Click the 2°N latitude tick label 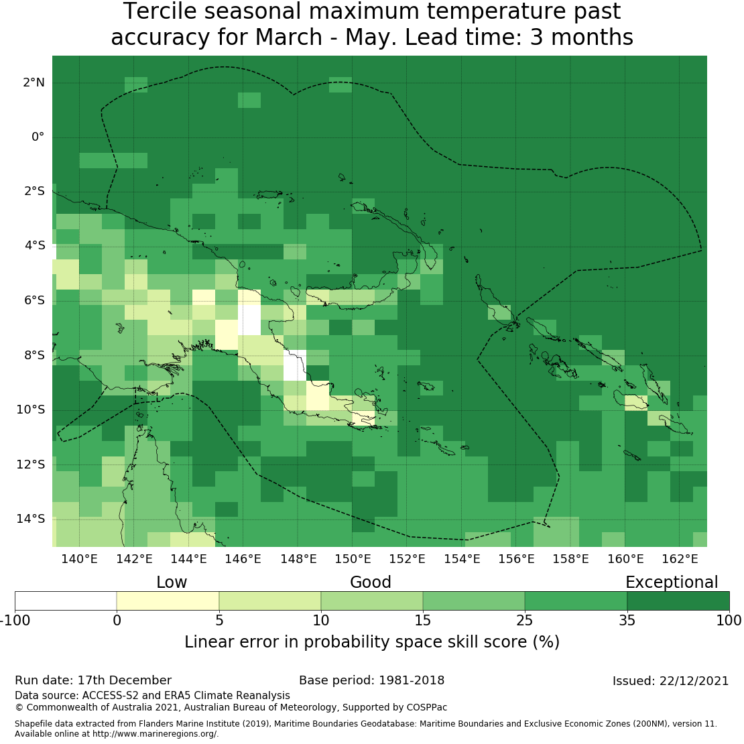34,83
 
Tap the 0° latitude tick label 38,137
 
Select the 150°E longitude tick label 353,559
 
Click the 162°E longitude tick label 680,559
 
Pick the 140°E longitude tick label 80,559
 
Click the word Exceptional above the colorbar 671,582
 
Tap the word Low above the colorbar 172,582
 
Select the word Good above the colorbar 371,582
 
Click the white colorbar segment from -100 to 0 66,601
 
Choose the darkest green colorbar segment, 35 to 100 678,601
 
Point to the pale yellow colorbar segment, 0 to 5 168,601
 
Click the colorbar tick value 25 525,620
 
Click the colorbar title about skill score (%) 372,642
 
